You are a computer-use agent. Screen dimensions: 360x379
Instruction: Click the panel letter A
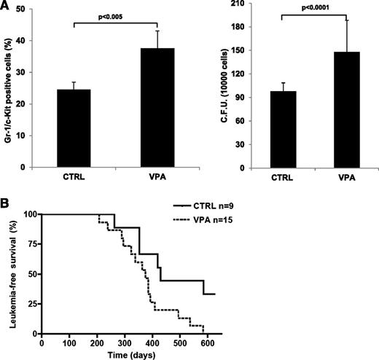coord(6,6)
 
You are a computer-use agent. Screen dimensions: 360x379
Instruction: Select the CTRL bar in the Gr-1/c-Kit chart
coord(74,128)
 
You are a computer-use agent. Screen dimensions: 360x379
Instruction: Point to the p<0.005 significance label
coord(112,18)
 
